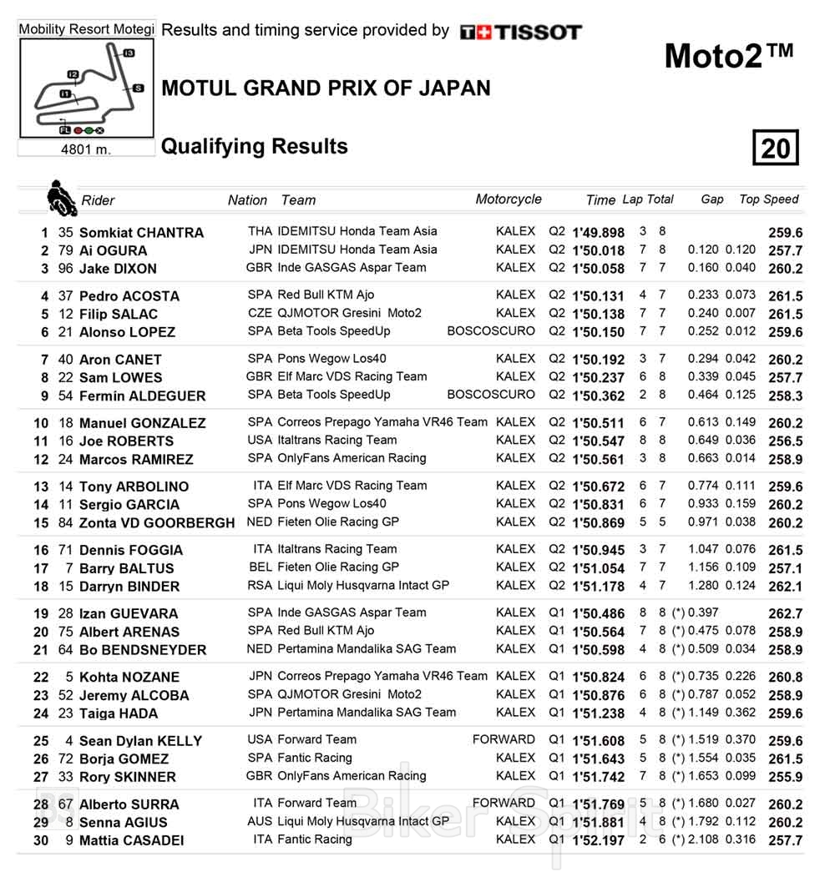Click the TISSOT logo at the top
(x=521, y=33)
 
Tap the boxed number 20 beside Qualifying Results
(x=775, y=149)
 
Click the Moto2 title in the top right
(x=728, y=56)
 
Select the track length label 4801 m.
(x=86, y=150)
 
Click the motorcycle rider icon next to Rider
(x=62, y=197)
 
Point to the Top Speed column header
(x=768, y=199)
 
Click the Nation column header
(x=247, y=200)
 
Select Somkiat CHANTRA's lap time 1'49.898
(x=598, y=233)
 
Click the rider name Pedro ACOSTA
(x=129, y=296)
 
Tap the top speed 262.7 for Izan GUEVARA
(x=785, y=613)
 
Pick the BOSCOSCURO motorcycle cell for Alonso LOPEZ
(x=491, y=331)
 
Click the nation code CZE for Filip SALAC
(x=260, y=314)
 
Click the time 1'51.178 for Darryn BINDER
(x=598, y=587)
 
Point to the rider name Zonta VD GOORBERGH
(x=157, y=523)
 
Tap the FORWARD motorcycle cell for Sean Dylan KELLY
(x=504, y=739)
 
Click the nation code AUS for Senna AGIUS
(x=260, y=821)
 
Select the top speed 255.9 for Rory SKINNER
(x=785, y=777)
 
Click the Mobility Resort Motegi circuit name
(x=86, y=29)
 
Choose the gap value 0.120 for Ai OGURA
(x=704, y=250)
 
